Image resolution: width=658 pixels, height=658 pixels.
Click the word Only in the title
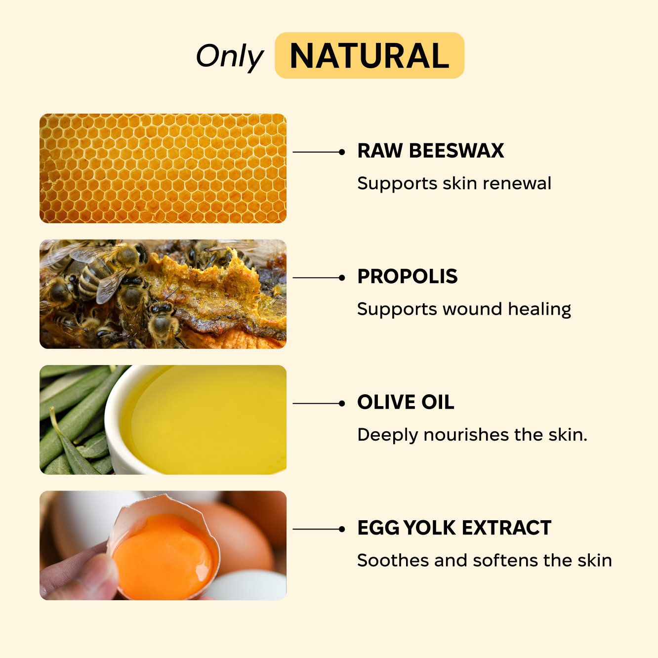pos(230,56)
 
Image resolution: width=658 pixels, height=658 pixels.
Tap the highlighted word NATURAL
pos(370,56)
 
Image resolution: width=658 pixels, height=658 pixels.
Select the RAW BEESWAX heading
pos(430,151)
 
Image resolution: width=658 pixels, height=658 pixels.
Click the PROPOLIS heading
pos(408,277)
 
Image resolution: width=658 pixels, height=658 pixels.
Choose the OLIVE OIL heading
pos(406,403)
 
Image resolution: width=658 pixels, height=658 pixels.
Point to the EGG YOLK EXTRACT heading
pos(454,528)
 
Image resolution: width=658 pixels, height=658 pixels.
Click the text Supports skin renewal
pos(454,183)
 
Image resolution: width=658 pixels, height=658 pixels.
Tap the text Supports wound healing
pos(464,309)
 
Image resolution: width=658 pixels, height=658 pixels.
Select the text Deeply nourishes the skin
pos(472,435)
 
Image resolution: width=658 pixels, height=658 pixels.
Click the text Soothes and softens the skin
pos(484,561)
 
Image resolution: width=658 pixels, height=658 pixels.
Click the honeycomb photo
pos(163,168)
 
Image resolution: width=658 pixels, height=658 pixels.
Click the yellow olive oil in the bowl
pos(207,420)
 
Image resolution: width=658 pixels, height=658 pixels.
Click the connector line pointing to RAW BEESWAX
pos(316,152)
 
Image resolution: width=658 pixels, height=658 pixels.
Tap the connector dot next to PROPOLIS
pos(342,278)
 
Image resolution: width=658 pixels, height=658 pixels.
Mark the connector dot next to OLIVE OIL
pos(342,404)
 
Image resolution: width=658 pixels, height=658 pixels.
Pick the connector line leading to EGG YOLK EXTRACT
pos(316,529)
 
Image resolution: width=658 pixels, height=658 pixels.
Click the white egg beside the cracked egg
pos(247,585)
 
